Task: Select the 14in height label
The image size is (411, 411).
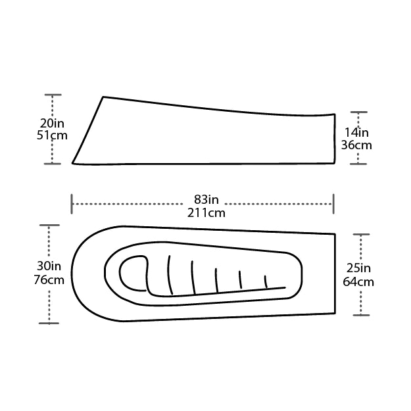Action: [356, 132]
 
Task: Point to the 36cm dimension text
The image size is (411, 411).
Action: [356, 145]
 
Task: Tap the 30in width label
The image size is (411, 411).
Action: [50, 266]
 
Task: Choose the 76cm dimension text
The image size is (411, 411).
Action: [50, 279]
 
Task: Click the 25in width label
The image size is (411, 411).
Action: [358, 268]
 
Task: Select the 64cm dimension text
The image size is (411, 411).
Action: [358, 281]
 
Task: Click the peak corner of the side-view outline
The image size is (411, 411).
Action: [103, 97]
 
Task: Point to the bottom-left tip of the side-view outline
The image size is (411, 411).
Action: [73, 162]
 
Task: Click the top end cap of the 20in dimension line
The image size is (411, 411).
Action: [53, 95]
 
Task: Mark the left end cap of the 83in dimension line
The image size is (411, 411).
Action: [72, 204]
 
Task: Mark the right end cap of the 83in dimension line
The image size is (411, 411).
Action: [333, 204]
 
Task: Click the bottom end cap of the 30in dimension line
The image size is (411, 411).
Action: [49, 323]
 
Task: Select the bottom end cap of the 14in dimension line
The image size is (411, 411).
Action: [358, 164]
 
